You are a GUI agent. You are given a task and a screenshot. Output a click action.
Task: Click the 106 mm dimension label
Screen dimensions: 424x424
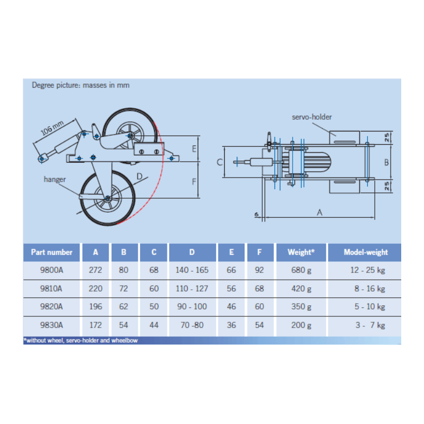click(x=52, y=128)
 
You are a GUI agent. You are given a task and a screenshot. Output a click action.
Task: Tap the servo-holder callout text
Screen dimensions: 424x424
click(x=312, y=117)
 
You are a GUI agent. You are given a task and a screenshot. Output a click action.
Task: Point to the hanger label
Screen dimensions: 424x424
click(x=55, y=179)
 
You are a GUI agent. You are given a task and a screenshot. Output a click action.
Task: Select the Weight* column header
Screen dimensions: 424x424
click(x=301, y=252)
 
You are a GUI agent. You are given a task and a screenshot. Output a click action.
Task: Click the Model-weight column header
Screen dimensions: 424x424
click(x=366, y=252)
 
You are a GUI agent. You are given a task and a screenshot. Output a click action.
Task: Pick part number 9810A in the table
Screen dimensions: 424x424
click(x=51, y=288)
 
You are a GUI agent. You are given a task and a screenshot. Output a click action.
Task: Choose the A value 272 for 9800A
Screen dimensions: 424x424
click(x=95, y=270)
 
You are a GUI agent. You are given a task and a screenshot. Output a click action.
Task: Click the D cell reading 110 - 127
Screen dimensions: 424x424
click(x=192, y=288)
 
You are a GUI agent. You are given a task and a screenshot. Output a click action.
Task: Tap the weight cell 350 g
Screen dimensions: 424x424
click(x=301, y=307)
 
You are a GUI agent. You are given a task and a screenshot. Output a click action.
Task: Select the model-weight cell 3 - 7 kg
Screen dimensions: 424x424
click(x=370, y=325)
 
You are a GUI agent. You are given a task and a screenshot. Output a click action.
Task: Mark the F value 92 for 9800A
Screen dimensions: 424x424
click(x=259, y=270)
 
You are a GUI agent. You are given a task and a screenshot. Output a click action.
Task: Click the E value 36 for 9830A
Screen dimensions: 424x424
click(x=231, y=325)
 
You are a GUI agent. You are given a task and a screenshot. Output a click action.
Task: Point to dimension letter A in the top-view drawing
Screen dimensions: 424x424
click(x=320, y=213)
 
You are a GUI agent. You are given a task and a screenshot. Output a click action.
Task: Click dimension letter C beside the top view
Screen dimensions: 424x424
click(x=219, y=162)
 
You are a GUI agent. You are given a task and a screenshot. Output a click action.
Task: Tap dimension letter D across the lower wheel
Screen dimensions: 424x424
click(x=139, y=176)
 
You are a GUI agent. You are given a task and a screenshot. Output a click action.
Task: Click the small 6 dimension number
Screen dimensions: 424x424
click(x=257, y=215)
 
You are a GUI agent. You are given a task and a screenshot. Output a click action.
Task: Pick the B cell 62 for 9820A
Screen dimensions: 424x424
click(x=123, y=307)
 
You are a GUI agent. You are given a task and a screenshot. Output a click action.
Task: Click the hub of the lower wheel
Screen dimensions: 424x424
click(x=108, y=198)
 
